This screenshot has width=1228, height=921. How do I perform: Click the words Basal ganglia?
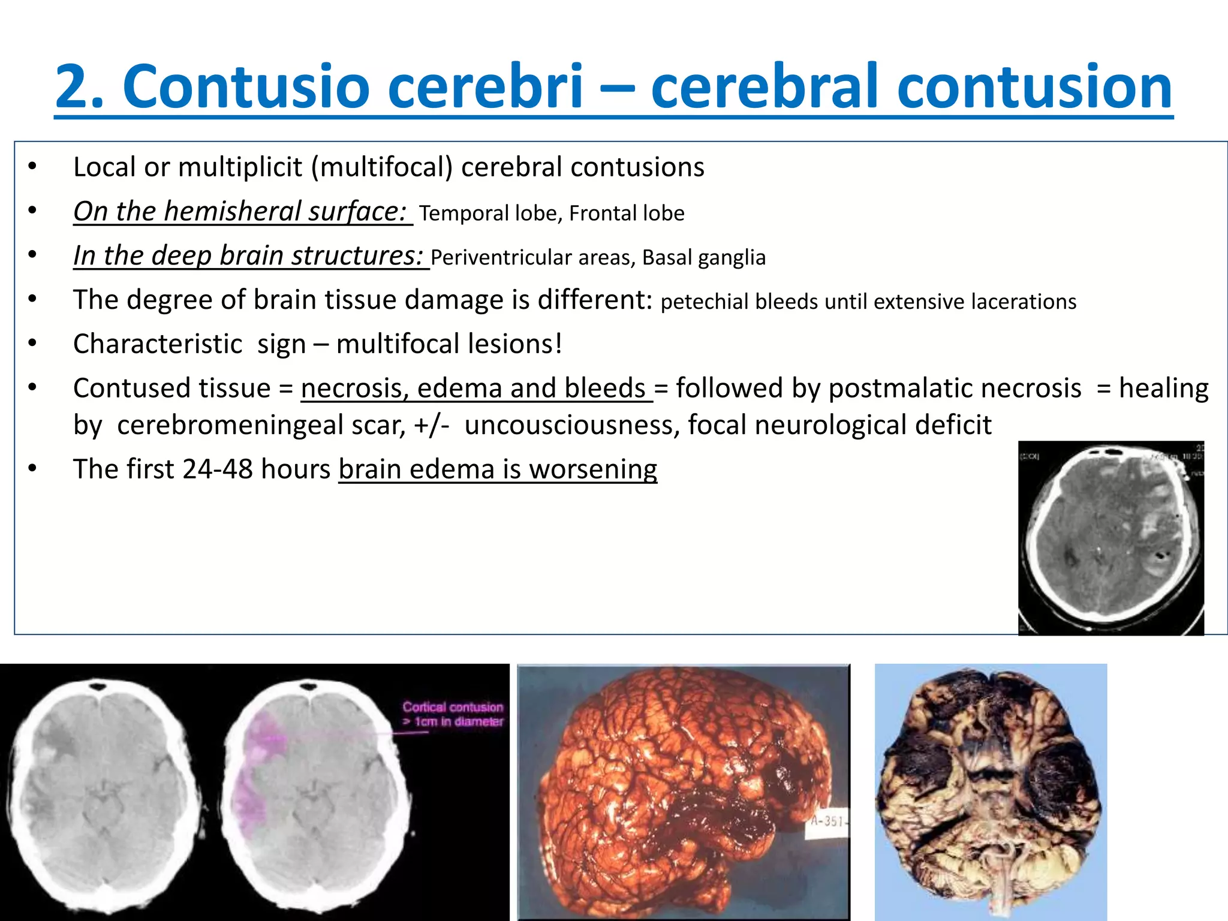[x=704, y=257]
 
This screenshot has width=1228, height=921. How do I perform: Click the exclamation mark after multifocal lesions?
[x=558, y=344]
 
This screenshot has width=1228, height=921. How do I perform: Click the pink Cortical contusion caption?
[x=453, y=714]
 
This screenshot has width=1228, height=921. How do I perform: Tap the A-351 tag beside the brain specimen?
[x=827, y=820]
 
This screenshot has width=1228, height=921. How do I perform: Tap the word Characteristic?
[x=158, y=344]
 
